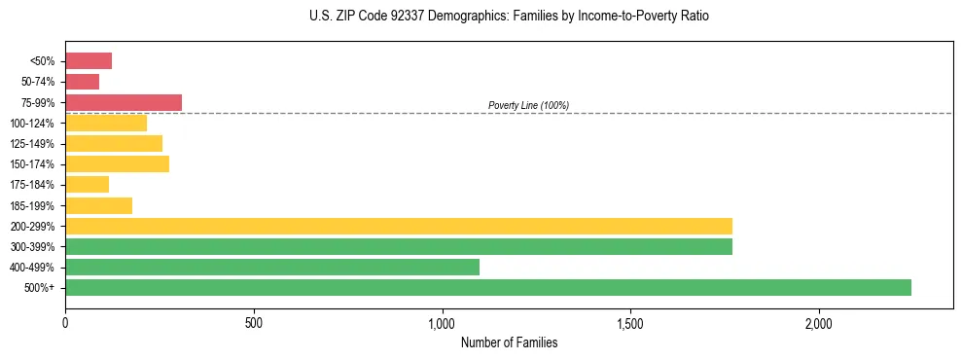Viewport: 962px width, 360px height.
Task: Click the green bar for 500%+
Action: click(x=487, y=287)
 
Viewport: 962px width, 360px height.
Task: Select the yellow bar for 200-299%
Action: click(x=398, y=226)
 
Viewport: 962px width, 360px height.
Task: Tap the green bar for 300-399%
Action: click(x=398, y=246)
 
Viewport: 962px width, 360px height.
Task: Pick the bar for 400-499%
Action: click(x=271, y=267)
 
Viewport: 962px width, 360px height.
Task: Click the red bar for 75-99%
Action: click(x=123, y=102)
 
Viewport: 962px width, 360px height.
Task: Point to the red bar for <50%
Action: click(x=88, y=61)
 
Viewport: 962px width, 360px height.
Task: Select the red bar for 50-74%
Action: click(x=82, y=82)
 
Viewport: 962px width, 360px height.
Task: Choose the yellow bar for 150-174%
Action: click(x=117, y=163)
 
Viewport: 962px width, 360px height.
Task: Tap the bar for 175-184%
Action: click(x=87, y=184)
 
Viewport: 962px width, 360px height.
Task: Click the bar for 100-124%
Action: click(x=105, y=123)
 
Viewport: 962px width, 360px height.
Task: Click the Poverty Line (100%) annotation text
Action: click(x=528, y=105)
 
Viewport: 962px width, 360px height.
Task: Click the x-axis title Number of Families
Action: click(x=509, y=342)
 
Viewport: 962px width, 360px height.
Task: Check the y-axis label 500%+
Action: click(x=40, y=288)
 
